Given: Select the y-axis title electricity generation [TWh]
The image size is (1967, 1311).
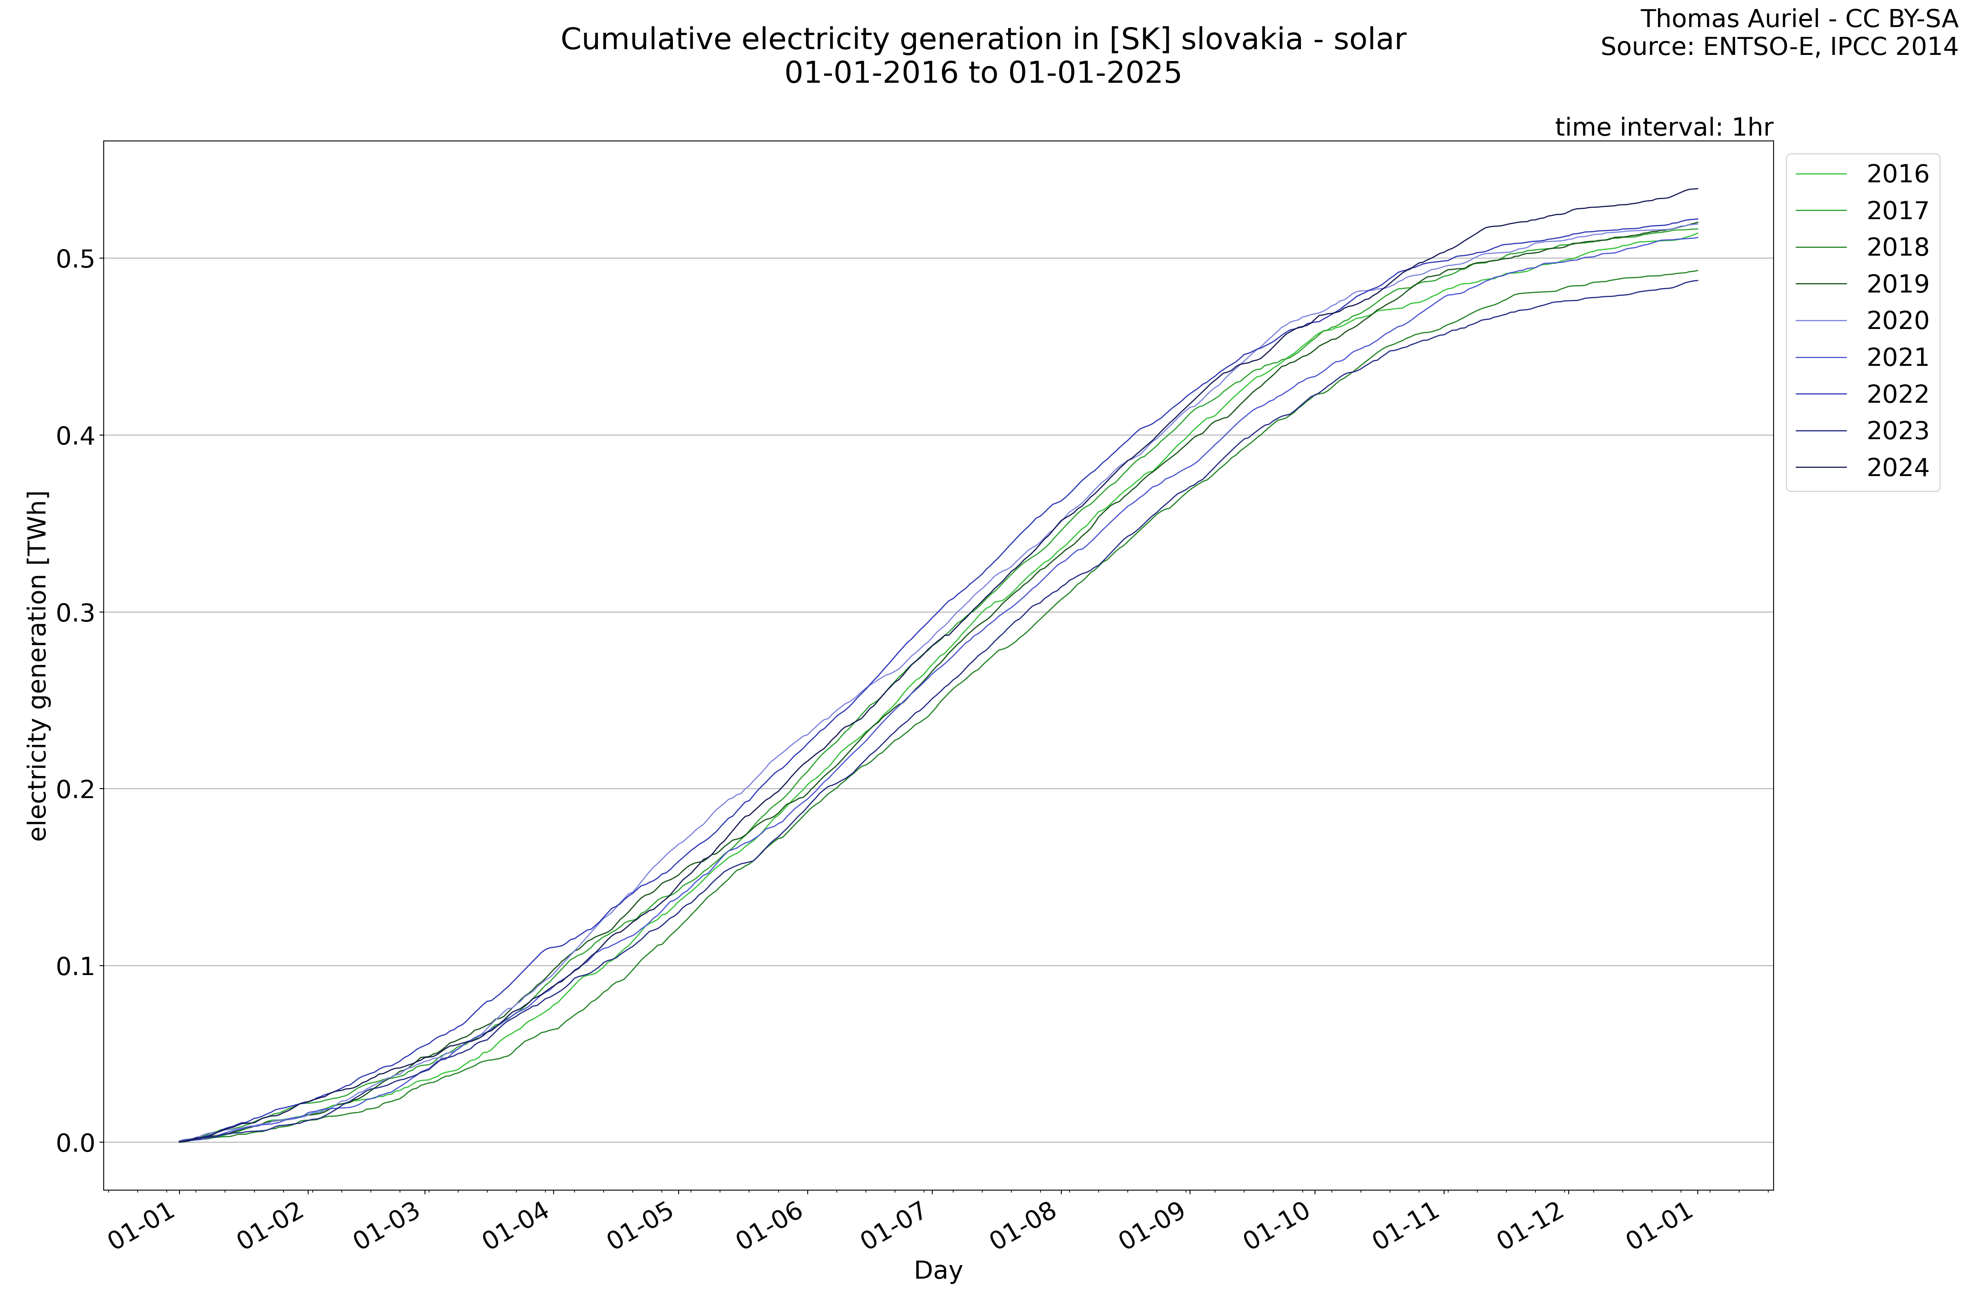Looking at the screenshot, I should (x=38, y=665).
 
